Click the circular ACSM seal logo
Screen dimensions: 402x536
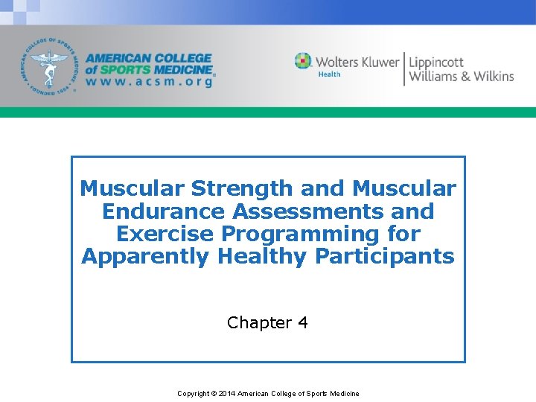click(x=50, y=65)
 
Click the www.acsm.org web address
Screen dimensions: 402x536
click(x=148, y=82)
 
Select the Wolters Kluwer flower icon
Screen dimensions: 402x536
click(x=303, y=61)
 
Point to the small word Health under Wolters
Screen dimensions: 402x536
click(x=329, y=74)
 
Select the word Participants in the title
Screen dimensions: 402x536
click(x=384, y=257)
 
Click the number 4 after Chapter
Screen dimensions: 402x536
click(x=302, y=322)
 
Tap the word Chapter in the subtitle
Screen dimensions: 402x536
click(x=260, y=322)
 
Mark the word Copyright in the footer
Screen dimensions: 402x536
click(x=193, y=393)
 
